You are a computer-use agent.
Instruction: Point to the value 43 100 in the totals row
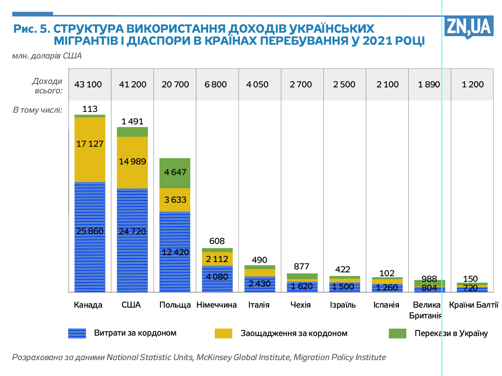tap(88, 84)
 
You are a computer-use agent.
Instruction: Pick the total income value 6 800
tap(216, 84)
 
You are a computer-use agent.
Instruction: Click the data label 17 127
tap(90, 144)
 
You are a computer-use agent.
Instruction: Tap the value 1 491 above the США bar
tap(132, 121)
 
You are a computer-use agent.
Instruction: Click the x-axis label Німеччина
tap(217, 305)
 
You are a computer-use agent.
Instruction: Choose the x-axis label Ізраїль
tap(343, 305)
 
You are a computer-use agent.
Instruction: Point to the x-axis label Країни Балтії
tap(473, 305)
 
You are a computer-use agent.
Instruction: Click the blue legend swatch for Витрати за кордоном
tap(77, 333)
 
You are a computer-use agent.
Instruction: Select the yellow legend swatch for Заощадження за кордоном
tap(223, 333)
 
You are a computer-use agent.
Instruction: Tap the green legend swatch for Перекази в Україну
tap(397, 333)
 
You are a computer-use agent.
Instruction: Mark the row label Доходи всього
tap(47, 85)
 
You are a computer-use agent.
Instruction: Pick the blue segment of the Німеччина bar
tap(217, 280)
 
